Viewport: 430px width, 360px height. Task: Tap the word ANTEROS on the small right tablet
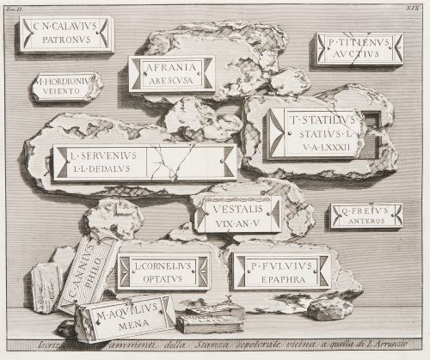367,221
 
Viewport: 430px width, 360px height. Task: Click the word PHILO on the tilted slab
93,278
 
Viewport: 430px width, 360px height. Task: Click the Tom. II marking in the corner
22,8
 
